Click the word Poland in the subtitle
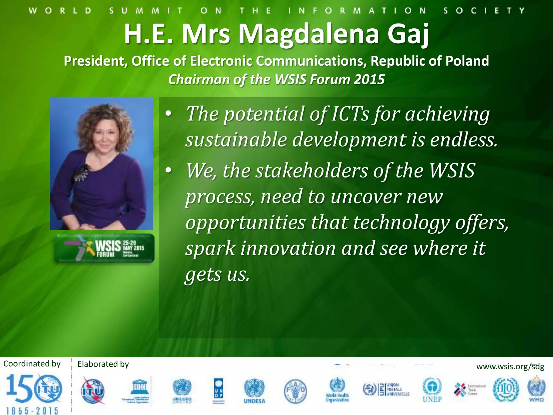[x=467, y=61]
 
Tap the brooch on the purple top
[x=83, y=173]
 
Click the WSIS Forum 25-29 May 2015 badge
[x=104, y=248]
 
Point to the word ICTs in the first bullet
[x=350, y=114]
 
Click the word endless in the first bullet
[x=463, y=140]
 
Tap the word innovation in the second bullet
[x=288, y=249]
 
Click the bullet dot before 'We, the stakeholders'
[x=168, y=170]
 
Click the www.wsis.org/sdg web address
[x=510, y=367]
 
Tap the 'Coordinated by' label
[x=32, y=364]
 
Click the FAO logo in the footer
[x=295, y=391]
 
